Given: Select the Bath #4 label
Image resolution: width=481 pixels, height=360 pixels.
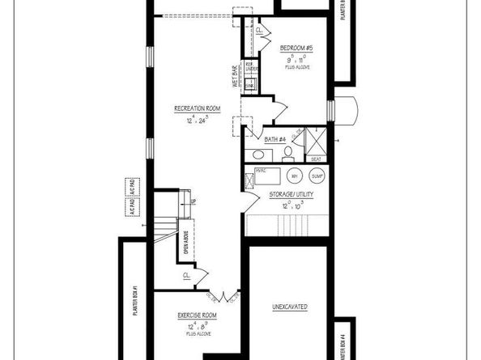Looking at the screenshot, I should pos(276,139).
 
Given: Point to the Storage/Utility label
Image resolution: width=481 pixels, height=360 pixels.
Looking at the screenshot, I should pos(292,194).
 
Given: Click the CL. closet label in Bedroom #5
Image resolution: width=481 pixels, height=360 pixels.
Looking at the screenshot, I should pos(259,32).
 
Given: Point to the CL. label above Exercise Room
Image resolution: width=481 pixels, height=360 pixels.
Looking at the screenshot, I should pos(186,275).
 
